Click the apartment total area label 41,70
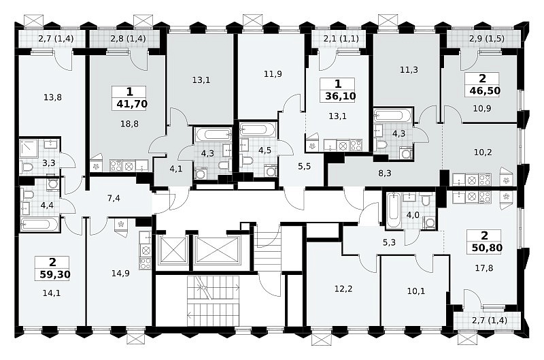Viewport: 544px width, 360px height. click(132, 103)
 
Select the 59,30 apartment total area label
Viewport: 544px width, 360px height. click(55, 275)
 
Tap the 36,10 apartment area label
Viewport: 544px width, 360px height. click(340, 96)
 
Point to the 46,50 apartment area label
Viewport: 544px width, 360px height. click(485, 91)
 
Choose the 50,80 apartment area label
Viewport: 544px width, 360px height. click(487, 248)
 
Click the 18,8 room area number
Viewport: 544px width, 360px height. click(129, 124)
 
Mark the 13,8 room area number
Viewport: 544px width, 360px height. click(53, 97)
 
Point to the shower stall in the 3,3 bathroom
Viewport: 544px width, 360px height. click(27, 148)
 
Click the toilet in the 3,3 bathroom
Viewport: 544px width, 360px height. click(27, 167)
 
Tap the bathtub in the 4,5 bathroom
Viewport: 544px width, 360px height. click(257, 130)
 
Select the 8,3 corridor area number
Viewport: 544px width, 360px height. click(384, 173)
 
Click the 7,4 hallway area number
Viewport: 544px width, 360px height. click(114, 199)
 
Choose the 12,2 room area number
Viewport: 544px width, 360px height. click(343, 289)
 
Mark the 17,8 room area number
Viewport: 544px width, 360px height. click(484, 268)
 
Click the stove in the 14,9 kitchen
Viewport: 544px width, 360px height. click(146, 263)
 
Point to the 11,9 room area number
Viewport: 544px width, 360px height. click(273, 74)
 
